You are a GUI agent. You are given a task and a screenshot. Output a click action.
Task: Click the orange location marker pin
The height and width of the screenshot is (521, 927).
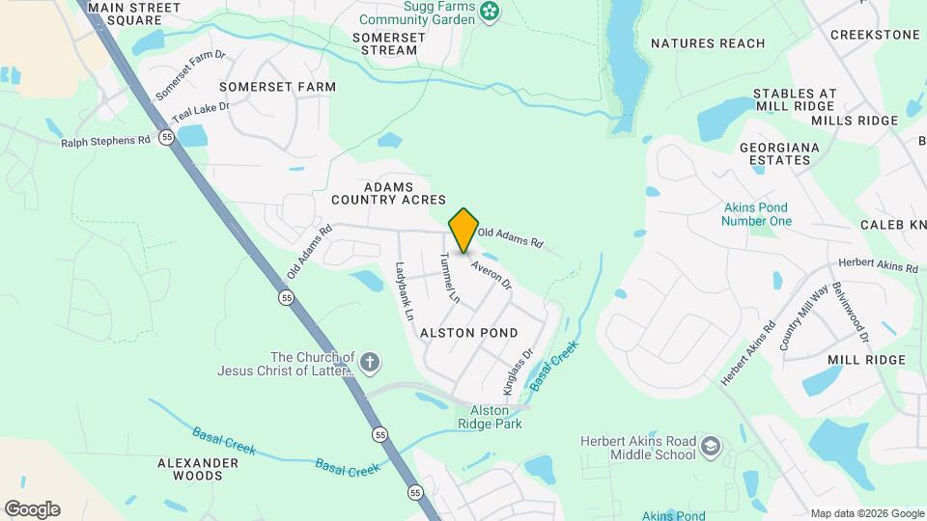coord(463,230)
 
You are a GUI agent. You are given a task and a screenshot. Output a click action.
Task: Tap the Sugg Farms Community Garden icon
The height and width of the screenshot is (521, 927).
coord(492,12)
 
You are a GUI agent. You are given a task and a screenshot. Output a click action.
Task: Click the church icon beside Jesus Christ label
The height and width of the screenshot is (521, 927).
coord(368,363)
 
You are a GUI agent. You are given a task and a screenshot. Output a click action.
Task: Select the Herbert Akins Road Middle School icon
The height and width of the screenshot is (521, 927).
coord(711,448)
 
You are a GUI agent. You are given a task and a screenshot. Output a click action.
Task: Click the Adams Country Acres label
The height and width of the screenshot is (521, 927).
coord(388,193)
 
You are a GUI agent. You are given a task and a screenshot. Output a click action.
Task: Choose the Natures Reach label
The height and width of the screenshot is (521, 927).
coord(708,43)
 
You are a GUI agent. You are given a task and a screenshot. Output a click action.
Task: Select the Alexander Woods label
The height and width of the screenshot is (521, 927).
coord(197,470)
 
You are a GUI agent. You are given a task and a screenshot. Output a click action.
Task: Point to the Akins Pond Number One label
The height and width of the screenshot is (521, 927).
coord(755,214)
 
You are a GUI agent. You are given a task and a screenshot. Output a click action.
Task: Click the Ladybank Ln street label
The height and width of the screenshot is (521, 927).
coord(404,290)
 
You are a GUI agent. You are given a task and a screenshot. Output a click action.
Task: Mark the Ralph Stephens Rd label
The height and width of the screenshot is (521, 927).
coord(106,140)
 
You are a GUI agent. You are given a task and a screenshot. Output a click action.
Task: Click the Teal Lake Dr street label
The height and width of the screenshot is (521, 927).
coord(201,113)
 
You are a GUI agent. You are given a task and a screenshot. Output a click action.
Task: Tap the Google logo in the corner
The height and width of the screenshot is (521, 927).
coord(32,509)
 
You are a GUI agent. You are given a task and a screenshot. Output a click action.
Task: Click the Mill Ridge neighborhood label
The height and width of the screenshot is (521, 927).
coord(866,360)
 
